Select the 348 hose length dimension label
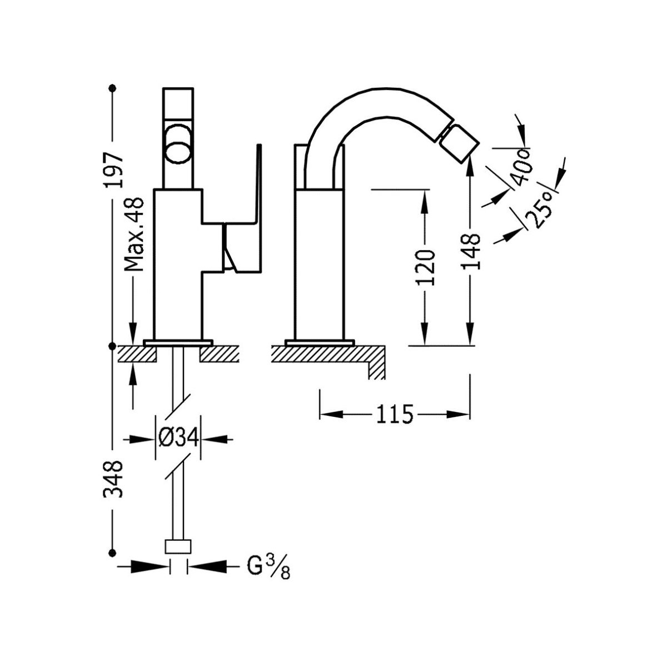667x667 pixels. [114, 479]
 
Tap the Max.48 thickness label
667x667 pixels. [133, 236]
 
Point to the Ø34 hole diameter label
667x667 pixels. [178, 438]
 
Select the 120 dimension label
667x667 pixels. [425, 267]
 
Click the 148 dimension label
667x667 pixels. [471, 251]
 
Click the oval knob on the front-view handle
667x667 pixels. [178, 144]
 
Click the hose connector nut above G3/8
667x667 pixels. [178, 546]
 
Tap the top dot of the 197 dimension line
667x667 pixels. [113, 88]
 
